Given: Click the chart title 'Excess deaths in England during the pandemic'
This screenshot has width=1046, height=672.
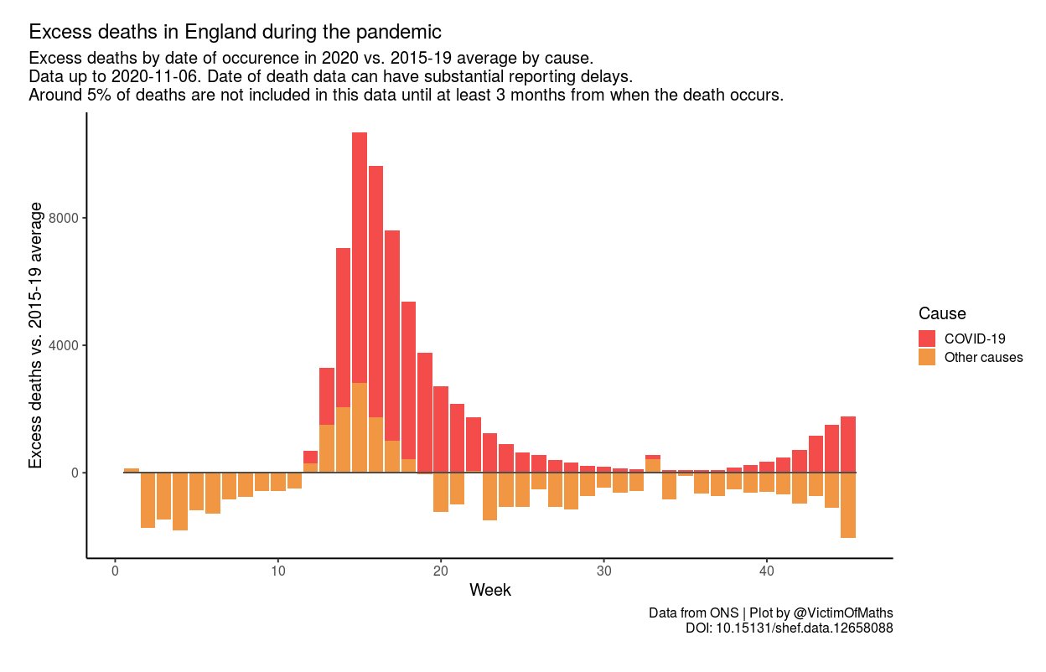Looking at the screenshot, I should pyautogui.click(x=235, y=33).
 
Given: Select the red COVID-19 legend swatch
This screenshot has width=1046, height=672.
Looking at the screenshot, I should pyautogui.click(x=927, y=339).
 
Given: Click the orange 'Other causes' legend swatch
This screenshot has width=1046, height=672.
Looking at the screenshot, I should pyautogui.click(x=927, y=357).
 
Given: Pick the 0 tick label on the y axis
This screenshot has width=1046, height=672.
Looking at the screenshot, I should pyautogui.click(x=75, y=473).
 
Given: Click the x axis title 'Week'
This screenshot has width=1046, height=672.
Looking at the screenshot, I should pyautogui.click(x=490, y=590).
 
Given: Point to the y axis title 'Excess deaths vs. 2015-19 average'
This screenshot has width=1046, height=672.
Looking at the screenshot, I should pyautogui.click(x=36, y=335).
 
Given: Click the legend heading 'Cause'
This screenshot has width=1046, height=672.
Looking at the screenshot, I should pyautogui.click(x=942, y=314).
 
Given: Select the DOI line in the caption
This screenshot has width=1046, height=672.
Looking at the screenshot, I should pyautogui.click(x=790, y=628).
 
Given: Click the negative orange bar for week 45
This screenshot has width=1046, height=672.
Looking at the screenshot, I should pyautogui.click(x=848, y=504).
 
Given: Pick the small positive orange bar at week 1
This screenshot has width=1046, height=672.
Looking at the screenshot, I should pyautogui.click(x=132, y=470).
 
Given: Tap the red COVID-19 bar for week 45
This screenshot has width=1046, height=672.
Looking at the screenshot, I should pyautogui.click(x=848, y=444).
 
